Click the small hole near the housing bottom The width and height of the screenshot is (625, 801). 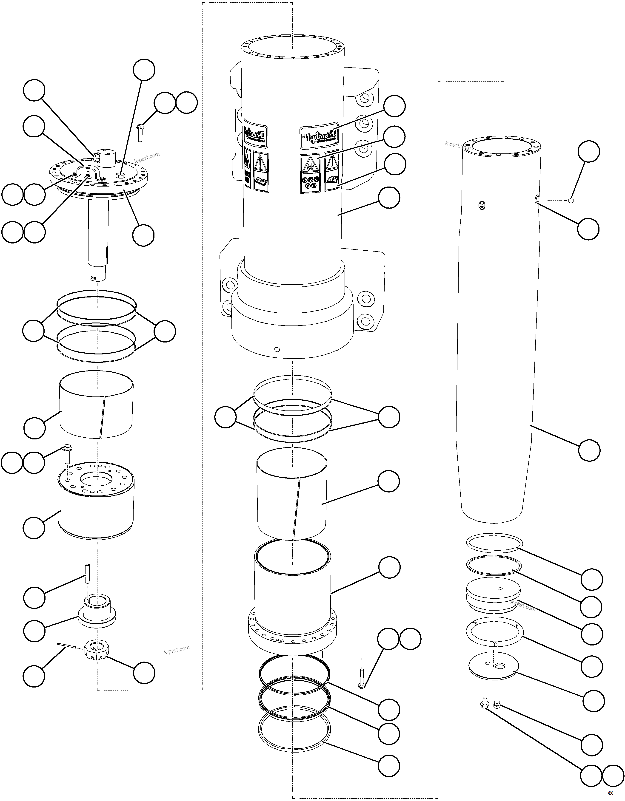tap(277, 350)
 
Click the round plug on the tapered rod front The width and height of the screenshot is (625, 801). tap(482, 205)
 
